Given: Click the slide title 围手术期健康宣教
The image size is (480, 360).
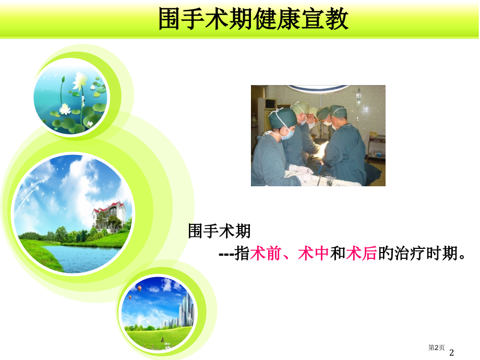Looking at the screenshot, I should (x=254, y=20).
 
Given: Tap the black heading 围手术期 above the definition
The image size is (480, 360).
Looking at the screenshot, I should (x=219, y=230).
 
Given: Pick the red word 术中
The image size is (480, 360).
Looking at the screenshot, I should (x=313, y=254).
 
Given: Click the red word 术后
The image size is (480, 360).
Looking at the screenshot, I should (x=361, y=254).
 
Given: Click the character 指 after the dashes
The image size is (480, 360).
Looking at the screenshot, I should (x=242, y=254).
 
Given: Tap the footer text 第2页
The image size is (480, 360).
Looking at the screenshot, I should (x=436, y=347).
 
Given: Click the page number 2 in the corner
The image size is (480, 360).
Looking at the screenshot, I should (x=451, y=353).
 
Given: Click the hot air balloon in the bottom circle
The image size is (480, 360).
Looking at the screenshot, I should (x=139, y=288).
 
